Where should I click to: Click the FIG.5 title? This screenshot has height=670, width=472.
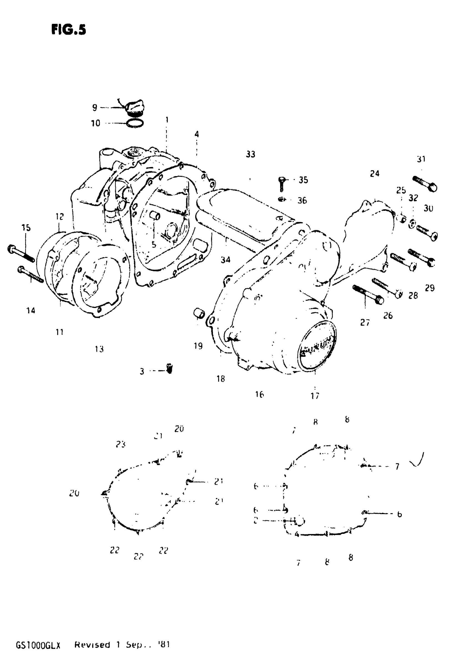tap(69, 29)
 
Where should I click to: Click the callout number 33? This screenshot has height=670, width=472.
tap(250, 154)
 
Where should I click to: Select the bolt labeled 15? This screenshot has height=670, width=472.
tap(21, 254)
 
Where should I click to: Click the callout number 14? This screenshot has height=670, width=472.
tap(31, 310)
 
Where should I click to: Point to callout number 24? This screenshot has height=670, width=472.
tap(375, 174)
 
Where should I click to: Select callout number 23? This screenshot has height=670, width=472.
tap(120, 444)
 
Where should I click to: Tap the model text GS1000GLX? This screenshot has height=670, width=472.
tap(38, 645)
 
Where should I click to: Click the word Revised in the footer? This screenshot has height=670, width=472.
tap(92, 644)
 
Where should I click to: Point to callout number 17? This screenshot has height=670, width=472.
tap(315, 396)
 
